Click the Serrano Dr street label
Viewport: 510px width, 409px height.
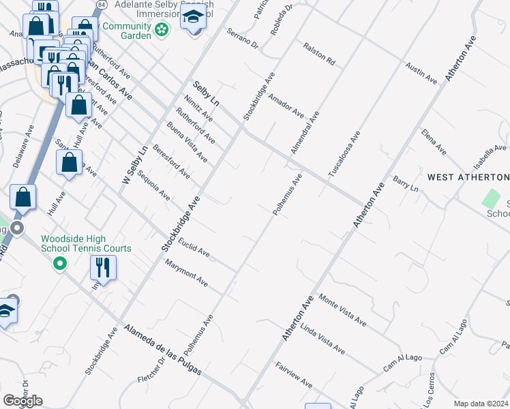243,40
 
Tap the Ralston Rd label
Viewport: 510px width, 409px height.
320,54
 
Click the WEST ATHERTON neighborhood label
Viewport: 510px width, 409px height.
468,177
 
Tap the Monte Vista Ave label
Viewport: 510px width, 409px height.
343,312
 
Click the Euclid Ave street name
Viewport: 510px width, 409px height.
194,247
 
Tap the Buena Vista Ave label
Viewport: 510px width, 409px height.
187,142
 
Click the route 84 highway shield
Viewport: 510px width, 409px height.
102,4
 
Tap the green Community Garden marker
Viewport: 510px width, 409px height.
161,29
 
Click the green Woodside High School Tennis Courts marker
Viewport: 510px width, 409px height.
60,262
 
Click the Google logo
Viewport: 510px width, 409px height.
22,401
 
